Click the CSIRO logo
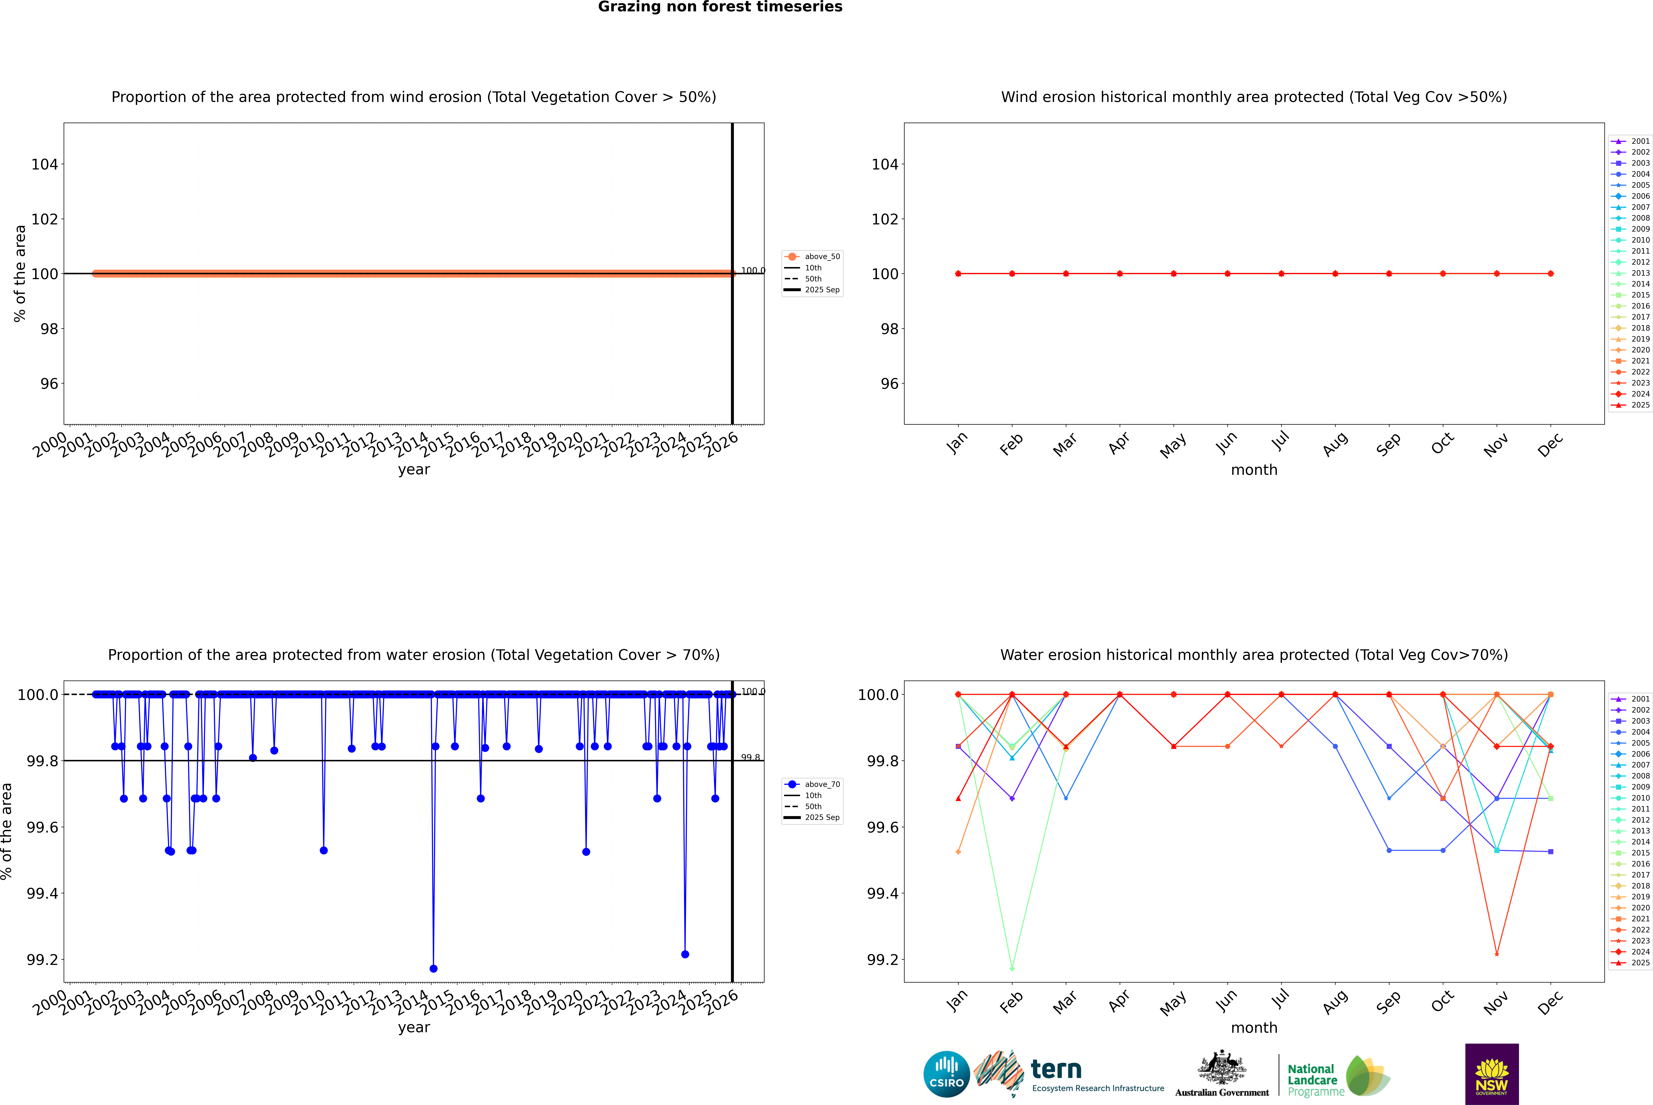(946, 1074)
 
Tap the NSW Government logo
(1492, 1074)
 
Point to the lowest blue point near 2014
(433, 968)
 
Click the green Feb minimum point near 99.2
(1012, 968)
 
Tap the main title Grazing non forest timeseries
(720, 7)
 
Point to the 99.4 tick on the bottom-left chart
(42, 894)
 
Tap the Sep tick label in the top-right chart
(1388, 444)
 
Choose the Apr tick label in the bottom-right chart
(1119, 1001)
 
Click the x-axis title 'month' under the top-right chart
(1253, 470)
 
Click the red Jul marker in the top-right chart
(1281, 273)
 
